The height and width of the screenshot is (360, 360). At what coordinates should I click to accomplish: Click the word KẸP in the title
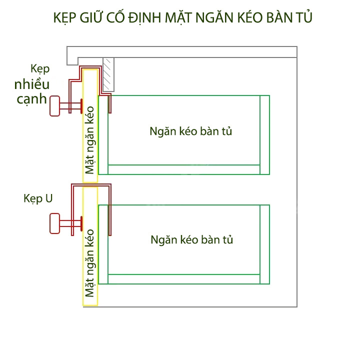point(65,18)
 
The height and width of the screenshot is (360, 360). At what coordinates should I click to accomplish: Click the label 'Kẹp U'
point(38,198)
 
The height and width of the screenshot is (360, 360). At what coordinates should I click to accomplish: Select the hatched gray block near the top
point(108,74)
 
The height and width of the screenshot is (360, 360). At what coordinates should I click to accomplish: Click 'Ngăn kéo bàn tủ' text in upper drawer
point(191,131)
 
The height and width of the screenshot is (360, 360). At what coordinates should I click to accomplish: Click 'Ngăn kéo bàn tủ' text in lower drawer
point(191,239)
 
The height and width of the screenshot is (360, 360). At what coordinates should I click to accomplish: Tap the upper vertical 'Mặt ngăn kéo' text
point(90,139)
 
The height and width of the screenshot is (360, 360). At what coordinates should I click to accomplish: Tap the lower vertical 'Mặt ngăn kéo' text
point(90,263)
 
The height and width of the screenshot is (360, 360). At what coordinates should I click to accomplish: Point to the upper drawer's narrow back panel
point(265,134)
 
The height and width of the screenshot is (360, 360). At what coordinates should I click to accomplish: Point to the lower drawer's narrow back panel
point(265,244)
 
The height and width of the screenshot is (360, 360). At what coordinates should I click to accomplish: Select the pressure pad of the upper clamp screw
point(81,106)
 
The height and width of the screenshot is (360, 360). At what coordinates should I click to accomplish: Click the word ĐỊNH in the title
point(140,18)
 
